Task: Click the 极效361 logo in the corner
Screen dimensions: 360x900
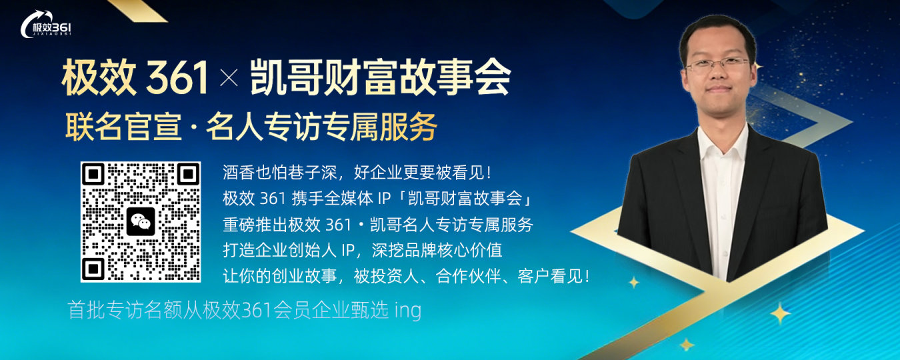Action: (x=46, y=26)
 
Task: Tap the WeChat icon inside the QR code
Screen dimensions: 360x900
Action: (x=141, y=221)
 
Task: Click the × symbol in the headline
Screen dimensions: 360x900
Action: (x=229, y=81)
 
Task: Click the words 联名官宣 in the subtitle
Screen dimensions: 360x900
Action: (x=123, y=127)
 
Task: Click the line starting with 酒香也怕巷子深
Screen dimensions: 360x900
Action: (x=357, y=173)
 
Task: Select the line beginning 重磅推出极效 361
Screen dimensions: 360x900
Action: (x=378, y=225)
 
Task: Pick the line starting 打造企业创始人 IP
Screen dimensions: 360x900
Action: (x=363, y=251)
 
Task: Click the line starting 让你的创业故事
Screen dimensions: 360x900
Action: (x=406, y=276)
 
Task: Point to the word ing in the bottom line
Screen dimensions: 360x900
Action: (x=408, y=311)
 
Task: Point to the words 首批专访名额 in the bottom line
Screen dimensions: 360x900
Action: (x=111, y=311)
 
